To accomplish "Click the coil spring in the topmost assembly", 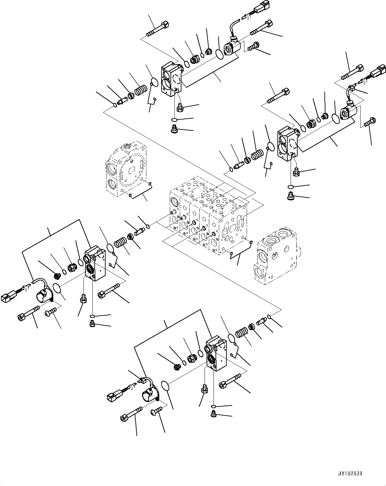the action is tap(141, 90).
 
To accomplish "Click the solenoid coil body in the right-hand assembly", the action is tap(349, 112).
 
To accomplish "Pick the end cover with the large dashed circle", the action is tap(126, 169).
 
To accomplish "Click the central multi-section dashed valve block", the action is tap(208, 216).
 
